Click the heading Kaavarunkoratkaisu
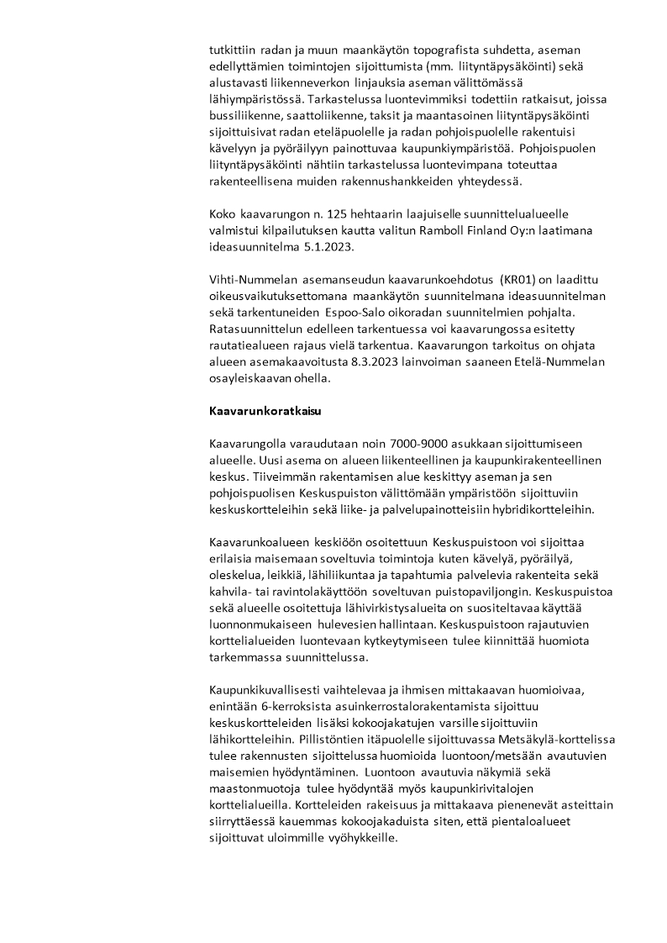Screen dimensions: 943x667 [x=265, y=412]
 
